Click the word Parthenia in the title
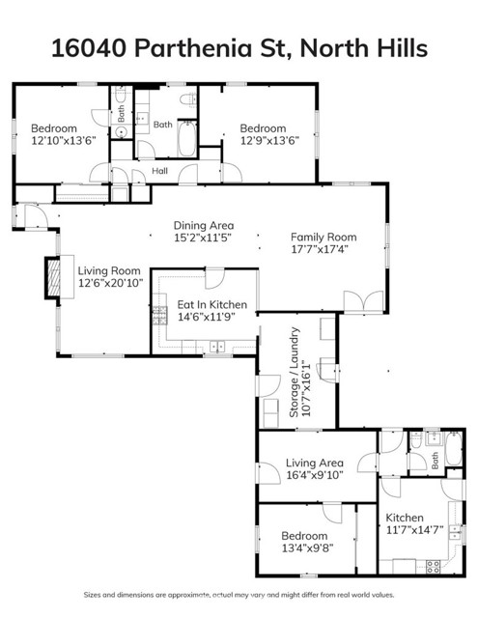coord(190,48)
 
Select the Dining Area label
coord(203,225)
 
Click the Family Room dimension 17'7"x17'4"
coord(323,249)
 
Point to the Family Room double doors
coord(370,302)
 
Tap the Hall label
coord(160,171)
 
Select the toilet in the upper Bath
coord(189,98)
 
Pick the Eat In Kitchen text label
coord(211,305)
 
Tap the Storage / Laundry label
coord(295,372)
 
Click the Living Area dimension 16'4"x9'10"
coord(316,474)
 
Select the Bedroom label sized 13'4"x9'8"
coord(304,536)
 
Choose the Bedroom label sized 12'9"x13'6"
coord(263,128)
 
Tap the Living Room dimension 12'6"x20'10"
coord(109,284)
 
